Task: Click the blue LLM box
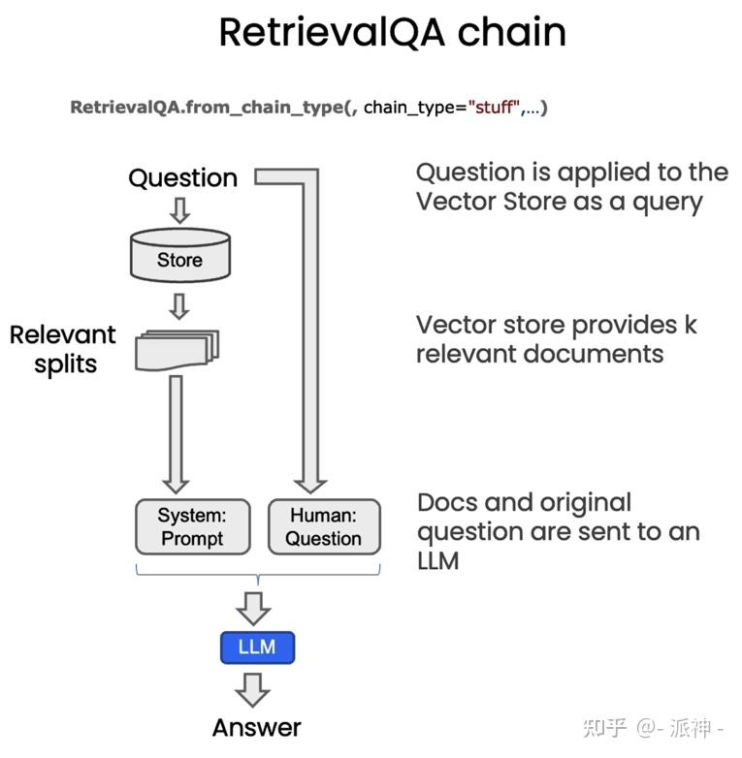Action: point(257,647)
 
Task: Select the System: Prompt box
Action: point(191,526)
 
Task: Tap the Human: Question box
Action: point(323,526)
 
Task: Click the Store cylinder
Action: point(180,258)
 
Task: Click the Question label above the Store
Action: point(182,178)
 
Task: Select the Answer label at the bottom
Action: point(257,727)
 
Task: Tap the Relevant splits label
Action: point(62,349)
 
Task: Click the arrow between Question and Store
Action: point(180,210)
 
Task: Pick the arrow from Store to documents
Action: point(180,307)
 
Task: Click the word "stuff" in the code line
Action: point(495,108)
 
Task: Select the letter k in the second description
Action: point(690,324)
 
